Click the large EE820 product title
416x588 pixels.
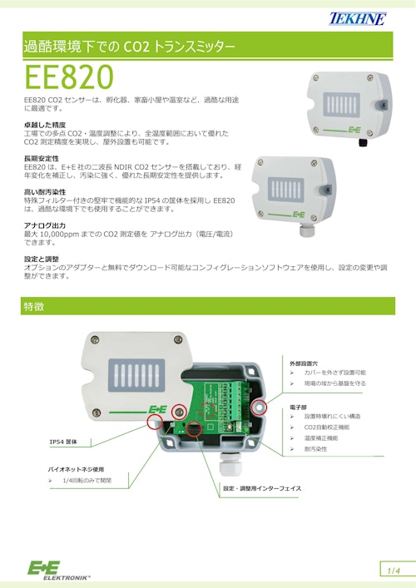[68, 77]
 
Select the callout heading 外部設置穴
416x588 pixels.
[304, 364]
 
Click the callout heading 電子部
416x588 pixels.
[299, 408]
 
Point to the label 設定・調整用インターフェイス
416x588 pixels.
[260, 488]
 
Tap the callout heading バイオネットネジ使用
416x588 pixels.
[80, 470]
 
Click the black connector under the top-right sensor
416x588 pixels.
[363, 142]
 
